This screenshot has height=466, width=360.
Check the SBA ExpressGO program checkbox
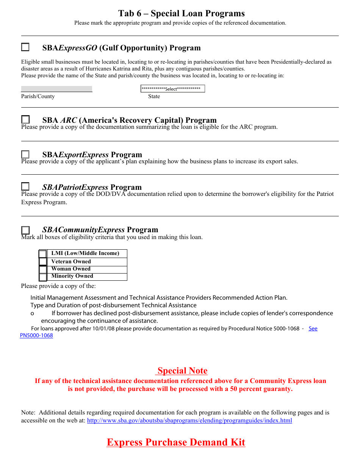click(25, 47)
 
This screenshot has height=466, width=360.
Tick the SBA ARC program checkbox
click(25, 120)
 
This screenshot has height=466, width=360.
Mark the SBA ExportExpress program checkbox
click(25, 155)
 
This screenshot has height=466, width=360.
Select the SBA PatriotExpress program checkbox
click(25, 186)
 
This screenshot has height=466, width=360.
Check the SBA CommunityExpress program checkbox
click(25, 230)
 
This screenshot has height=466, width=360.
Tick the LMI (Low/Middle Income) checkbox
click(43, 254)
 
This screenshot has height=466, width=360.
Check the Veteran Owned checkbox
click(43, 262)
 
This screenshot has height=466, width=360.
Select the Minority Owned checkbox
click(43, 277)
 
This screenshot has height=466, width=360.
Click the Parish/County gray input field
click(56, 89)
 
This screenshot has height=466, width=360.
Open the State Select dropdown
click(172, 89)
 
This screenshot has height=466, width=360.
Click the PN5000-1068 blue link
click(36, 335)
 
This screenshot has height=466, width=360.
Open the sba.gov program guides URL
click(189, 421)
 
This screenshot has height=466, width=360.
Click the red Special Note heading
click(182, 371)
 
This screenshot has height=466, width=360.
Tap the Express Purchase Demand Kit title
click(176, 442)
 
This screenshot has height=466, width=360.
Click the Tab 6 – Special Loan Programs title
click(181, 14)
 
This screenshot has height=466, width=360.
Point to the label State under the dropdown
click(154, 96)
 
